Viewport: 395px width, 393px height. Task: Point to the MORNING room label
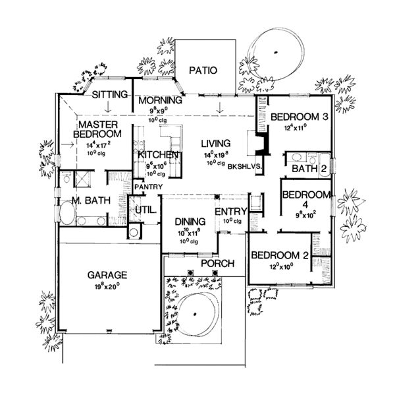point(155,100)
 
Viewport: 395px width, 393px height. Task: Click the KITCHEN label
point(156,154)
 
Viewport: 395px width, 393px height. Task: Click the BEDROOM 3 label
point(300,117)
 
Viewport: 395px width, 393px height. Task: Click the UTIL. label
point(145,211)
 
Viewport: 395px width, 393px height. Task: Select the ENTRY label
point(230,212)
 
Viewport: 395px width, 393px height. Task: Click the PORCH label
point(217,264)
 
